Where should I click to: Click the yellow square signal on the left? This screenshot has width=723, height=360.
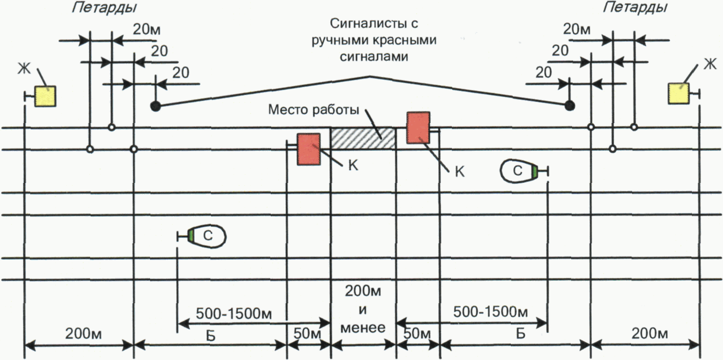point(46,96)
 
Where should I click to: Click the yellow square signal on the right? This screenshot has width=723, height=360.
point(679,93)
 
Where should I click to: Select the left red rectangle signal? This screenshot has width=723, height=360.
point(309,149)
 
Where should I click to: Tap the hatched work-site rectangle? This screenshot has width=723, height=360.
point(363,138)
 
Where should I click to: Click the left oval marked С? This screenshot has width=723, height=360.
point(208,236)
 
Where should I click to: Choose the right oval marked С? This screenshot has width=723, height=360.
point(517,171)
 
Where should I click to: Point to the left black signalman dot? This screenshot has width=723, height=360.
point(156,107)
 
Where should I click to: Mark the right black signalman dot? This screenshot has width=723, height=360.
point(569,106)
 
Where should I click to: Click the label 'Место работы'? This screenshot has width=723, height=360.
point(313,110)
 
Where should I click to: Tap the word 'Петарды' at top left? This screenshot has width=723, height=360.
point(104,8)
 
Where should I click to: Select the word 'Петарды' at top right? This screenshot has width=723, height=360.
point(635,8)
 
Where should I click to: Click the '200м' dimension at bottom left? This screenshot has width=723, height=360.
point(83,334)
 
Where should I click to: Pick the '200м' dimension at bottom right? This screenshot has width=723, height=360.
point(649,334)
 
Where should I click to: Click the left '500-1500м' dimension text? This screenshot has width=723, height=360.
point(234,314)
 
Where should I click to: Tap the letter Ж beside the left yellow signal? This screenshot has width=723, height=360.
point(24,69)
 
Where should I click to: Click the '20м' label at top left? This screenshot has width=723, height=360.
point(146,29)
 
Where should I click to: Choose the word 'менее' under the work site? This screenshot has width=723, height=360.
point(363,327)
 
